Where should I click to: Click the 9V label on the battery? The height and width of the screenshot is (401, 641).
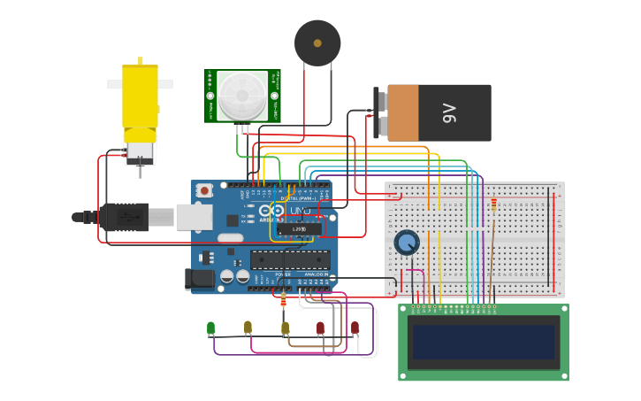click(x=448, y=112)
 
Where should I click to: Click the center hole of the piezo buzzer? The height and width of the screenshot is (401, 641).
click(x=317, y=42)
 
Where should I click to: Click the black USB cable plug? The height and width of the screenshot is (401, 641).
click(x=124, y=216)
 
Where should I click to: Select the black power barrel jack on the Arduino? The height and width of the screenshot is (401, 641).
click(x=201, y=279)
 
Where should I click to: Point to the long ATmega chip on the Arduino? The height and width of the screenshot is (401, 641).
click(x=290, y=259)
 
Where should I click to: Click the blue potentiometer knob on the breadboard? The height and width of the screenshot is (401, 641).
click(x=406, y=242)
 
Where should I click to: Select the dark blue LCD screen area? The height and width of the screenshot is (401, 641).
click(x=483, y=342)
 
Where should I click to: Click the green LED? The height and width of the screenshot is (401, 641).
click(x=210, y=328)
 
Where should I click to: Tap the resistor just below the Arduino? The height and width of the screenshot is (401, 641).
click(x=283, y=301)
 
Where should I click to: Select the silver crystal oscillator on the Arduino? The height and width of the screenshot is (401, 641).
click(x=230, y=237)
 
